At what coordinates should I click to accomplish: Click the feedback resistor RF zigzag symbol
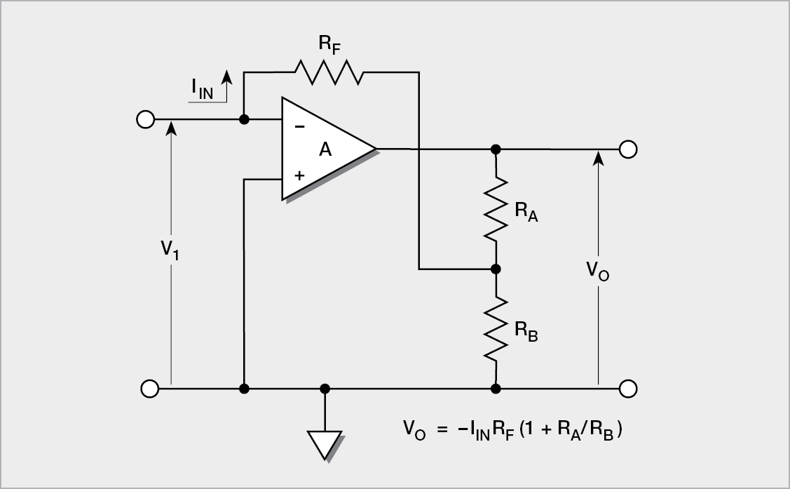[329, 72]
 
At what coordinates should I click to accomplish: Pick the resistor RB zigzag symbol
[496, 329]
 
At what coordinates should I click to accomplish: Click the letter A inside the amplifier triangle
[325, 149]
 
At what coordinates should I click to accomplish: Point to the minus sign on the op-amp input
[300, 127]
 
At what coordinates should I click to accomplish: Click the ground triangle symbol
[325, 444]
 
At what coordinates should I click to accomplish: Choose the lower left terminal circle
[149, 388]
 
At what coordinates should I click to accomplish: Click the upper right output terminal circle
[628, 149]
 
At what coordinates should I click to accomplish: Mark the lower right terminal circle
[628, 388]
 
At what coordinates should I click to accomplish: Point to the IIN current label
[203, 89]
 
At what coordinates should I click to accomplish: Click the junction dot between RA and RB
[496, 269]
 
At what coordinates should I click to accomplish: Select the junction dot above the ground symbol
[325, 388]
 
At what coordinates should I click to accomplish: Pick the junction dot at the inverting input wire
[243, 119]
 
